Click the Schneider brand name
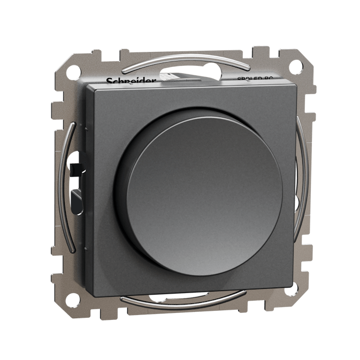tap(131, 81)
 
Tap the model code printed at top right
tap(262, 79)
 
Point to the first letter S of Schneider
tap(109, 81)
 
